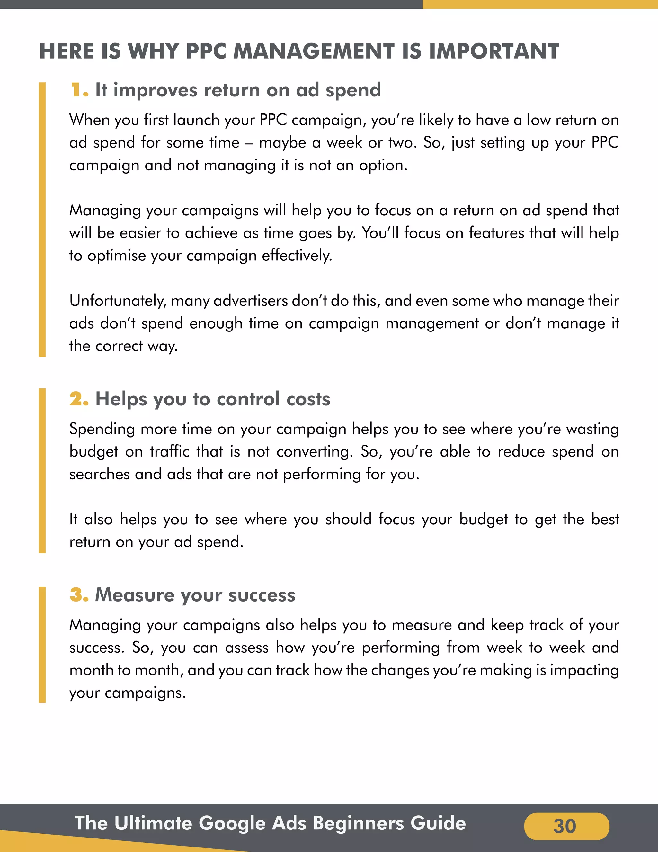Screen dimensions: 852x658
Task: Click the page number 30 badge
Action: tap(566, 826)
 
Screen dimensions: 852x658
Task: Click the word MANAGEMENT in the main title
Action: tap(314, 51)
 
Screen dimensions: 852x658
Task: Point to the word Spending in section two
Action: tap(102, 430)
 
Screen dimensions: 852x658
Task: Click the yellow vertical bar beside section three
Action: tap(42, 644)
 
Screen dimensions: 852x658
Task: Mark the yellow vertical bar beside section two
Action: tap(42, 470)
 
